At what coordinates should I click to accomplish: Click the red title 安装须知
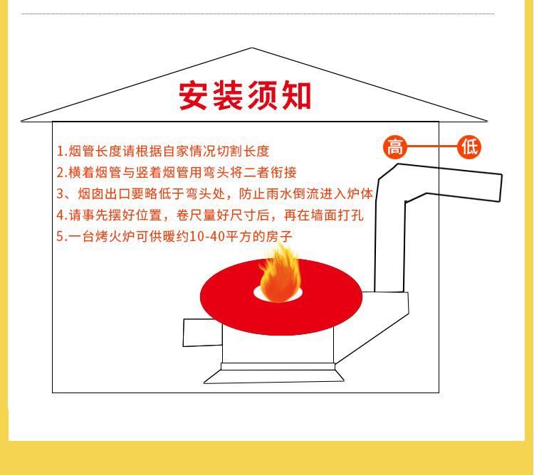coord(244,96)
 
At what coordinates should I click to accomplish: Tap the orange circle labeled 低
coord(469,147)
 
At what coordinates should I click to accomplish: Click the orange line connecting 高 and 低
coord(431,147)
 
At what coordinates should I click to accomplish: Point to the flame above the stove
coord(278,275)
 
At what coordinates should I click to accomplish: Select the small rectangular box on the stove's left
coord(202,333)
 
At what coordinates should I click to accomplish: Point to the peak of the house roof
coord(252,49)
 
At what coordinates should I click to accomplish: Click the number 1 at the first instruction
coord(61,151)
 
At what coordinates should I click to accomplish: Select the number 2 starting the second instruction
coord(61,173)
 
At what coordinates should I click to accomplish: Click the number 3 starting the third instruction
coord(61,194)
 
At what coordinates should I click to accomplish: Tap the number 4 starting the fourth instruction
coord(61,215)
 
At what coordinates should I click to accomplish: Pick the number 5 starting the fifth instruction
coord(61,237)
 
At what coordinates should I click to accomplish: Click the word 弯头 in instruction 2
coord(218,173)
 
